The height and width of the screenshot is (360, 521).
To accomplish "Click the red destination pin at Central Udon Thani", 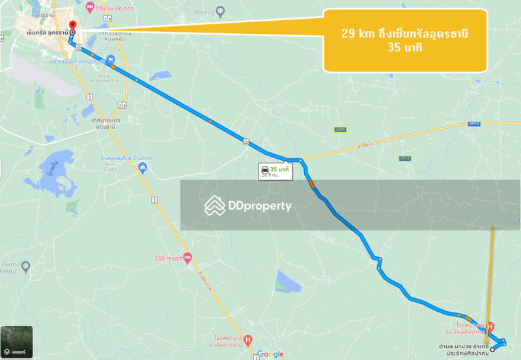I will pos(72,27).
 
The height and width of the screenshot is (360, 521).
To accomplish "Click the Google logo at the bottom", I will pos(270,354).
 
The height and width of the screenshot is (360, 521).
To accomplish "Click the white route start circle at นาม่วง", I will pos(492,350).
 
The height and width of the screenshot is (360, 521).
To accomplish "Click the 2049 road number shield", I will pos(340,130).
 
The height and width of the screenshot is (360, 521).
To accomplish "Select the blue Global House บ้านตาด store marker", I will pos(143,167).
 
